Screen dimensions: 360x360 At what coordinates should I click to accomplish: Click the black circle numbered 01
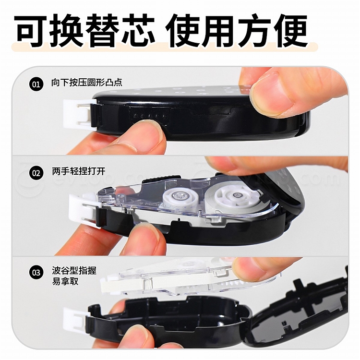pyautogui.click(x=36, y=84)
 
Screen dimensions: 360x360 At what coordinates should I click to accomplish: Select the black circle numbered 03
pyautogui.click(x=36, y=273)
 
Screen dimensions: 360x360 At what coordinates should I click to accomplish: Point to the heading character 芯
pyautogui.click(x=138, y=30)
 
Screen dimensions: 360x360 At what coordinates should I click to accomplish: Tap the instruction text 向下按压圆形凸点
pyautogui.click(x=86, y=83)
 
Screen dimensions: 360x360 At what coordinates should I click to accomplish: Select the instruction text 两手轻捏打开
pyautogui.click(x=79, y=171)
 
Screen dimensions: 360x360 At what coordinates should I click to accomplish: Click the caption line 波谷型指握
pyautogui.click(x=74, y=271)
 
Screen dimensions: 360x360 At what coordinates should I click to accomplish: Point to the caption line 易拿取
pyautogui.click(x=65, y=281)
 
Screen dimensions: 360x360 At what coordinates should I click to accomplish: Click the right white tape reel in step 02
pyautogui.click(x=234, y=196)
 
